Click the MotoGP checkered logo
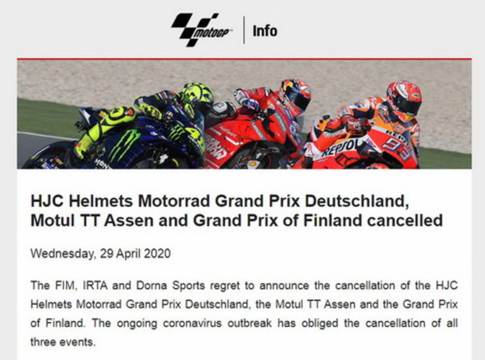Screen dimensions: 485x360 201,30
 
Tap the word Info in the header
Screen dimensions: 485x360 265,31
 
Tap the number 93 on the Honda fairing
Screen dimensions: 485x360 398,148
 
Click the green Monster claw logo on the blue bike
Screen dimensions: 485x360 124,144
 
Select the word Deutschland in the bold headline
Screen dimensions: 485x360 356,201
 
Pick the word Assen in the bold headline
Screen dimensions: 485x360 129,221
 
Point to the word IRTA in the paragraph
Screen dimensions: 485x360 95,285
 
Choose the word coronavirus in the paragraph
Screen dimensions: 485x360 192,323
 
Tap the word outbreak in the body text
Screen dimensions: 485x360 250,323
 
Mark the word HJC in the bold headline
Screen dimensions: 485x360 47,201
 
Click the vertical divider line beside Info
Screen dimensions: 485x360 244,30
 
